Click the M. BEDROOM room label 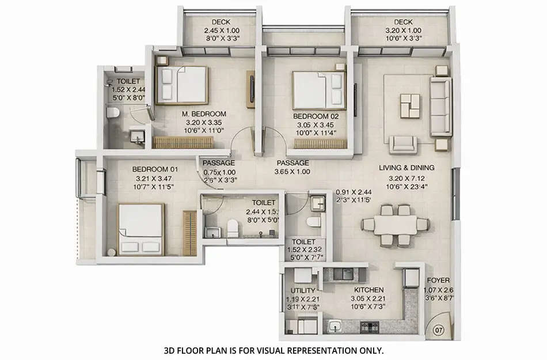[x=202, y=114]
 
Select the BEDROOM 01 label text [x=155, y=169]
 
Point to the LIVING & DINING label [x=406, y=168]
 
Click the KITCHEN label [x=369, y=290]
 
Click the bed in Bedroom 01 [x=140, y=229]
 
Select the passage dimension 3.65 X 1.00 [x=293, y=172]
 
